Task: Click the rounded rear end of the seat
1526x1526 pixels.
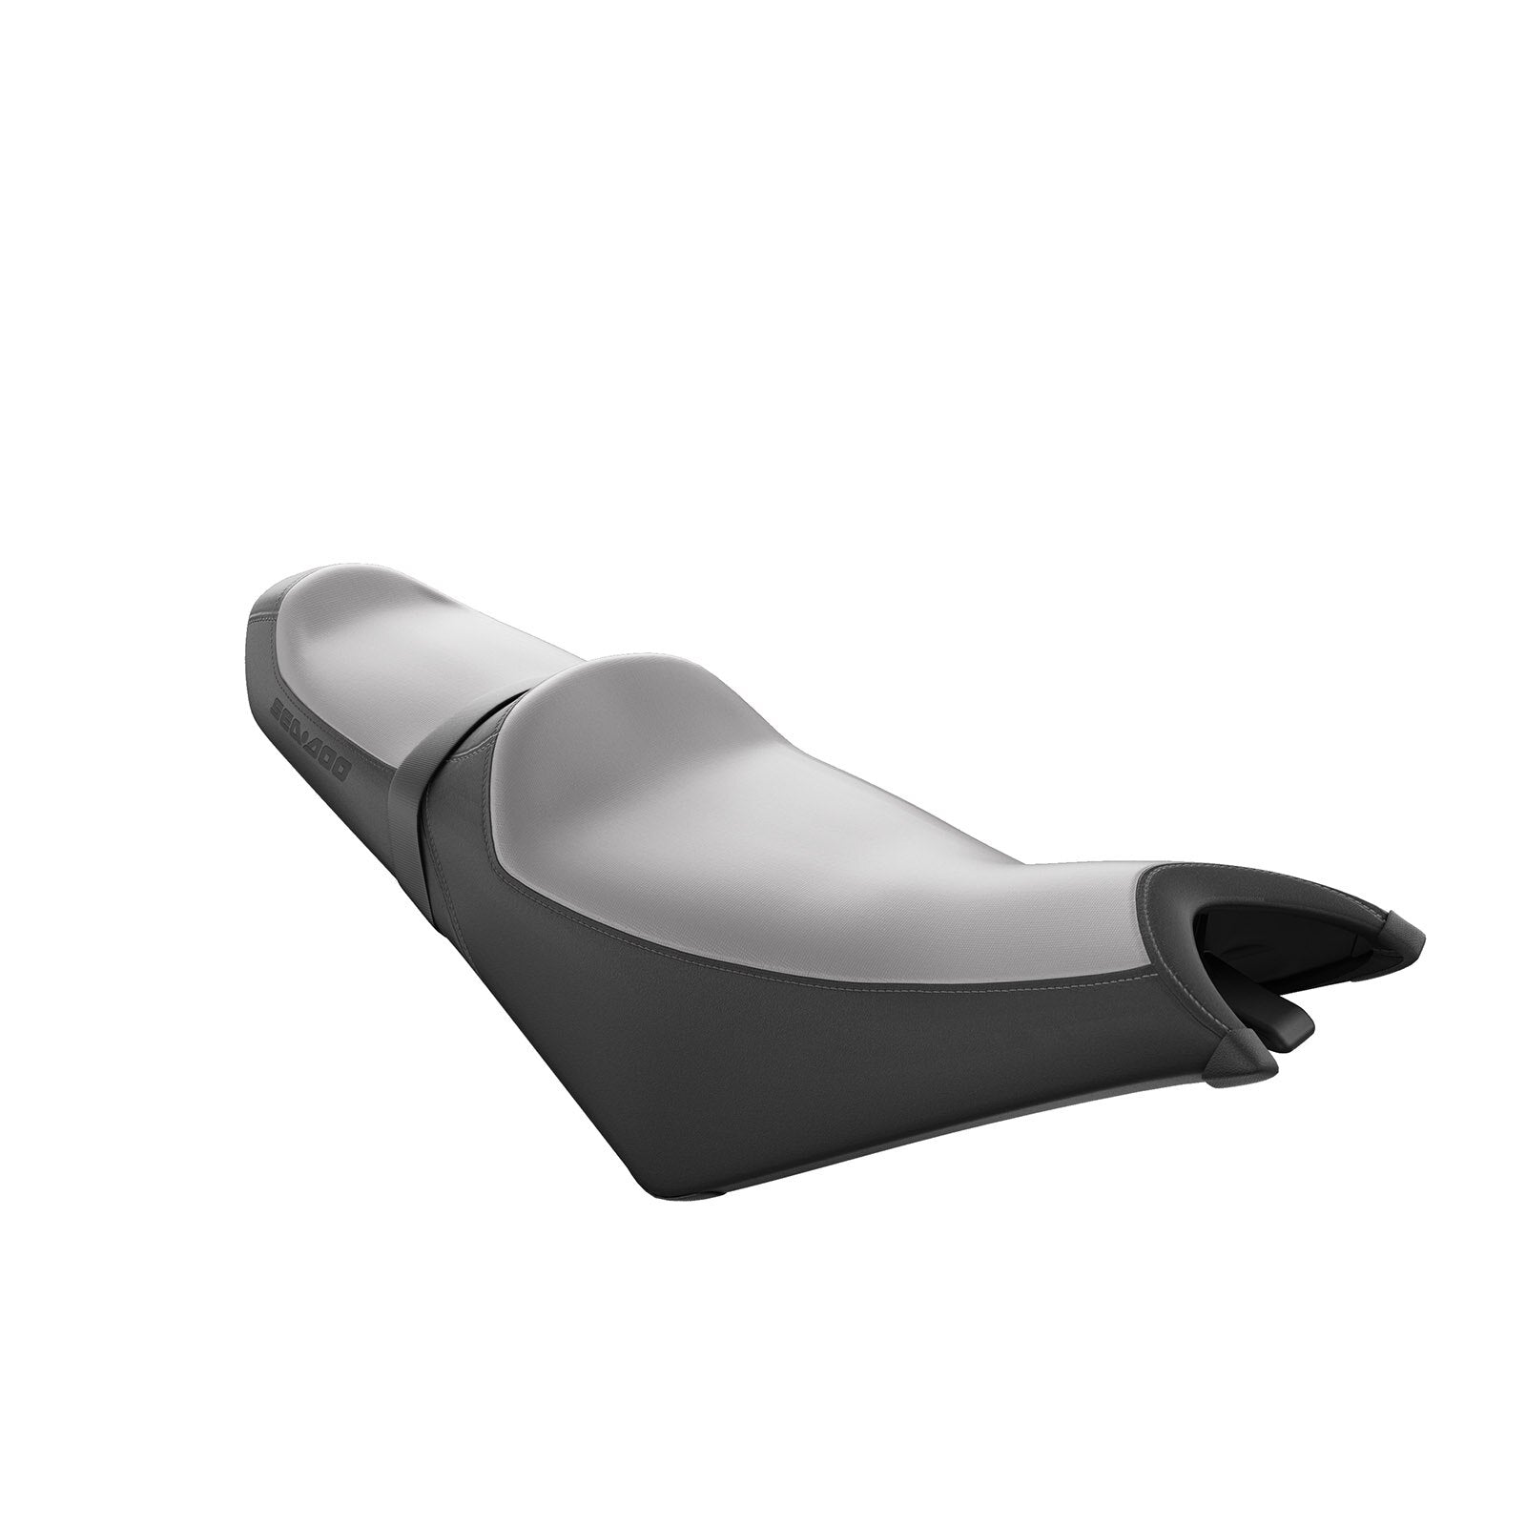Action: click(x=262, y=620)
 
